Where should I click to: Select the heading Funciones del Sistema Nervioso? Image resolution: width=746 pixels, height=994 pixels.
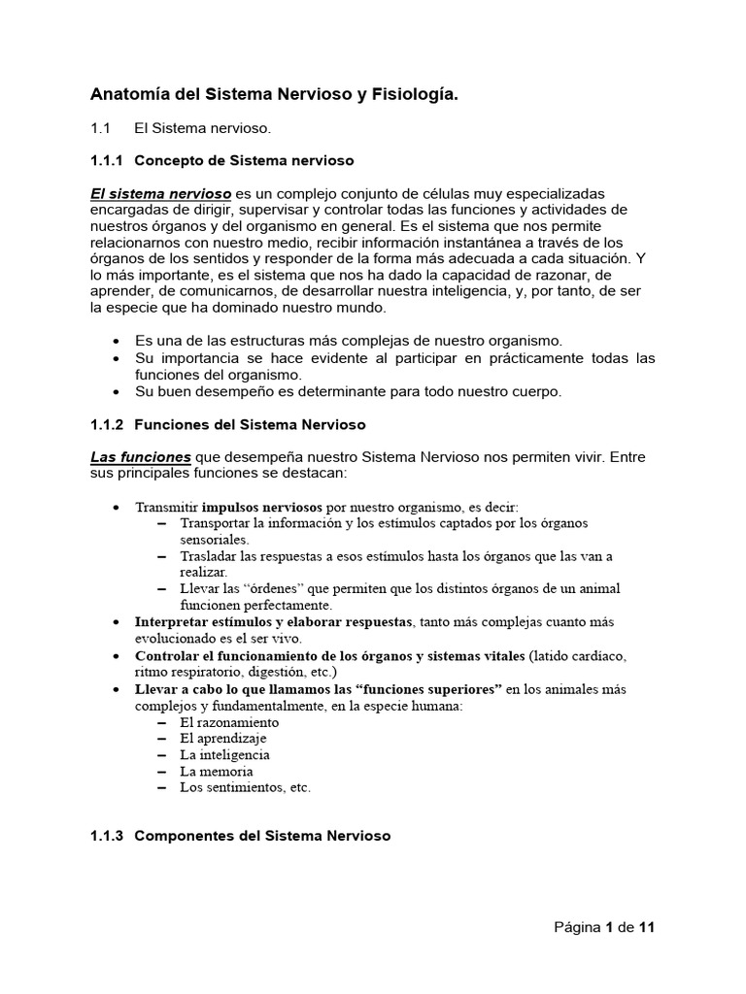(250, 424)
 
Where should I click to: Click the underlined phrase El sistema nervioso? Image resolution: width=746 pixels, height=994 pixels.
(160, 193)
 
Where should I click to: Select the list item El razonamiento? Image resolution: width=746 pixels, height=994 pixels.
(229, 722)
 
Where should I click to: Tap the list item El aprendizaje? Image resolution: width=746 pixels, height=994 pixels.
(222, 739)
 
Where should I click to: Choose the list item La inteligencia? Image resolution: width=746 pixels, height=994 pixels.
(224, 754)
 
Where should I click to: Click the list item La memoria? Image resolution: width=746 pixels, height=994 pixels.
(217, 771)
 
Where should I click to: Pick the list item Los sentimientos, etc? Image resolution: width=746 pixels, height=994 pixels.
(245, 787)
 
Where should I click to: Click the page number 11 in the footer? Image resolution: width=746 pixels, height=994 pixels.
(647, 927)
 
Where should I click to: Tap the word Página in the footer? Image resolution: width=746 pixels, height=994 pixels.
(577, 927)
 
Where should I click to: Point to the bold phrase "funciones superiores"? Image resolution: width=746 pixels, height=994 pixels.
(428, 689)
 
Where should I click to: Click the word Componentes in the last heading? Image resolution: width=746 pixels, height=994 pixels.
(183, 836)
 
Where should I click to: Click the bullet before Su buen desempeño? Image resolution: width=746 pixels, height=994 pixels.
(118, 392)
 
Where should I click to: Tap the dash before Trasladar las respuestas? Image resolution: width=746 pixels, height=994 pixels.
(160, 556)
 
